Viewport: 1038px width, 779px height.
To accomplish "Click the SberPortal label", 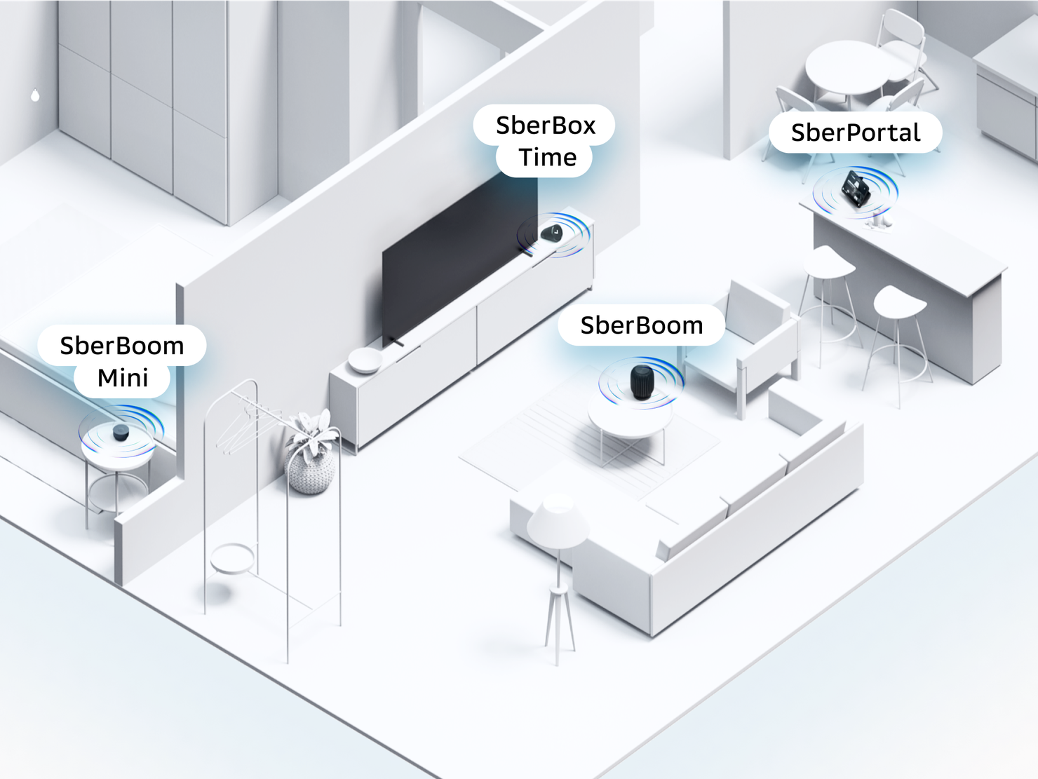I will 855,133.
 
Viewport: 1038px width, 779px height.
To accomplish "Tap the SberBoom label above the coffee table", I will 641,325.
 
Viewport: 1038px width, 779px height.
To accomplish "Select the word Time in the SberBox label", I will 547,158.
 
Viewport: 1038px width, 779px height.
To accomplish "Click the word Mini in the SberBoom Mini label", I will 123,378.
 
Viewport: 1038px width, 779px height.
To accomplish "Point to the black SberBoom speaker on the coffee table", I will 641,381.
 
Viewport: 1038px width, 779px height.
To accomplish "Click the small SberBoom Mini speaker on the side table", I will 121,433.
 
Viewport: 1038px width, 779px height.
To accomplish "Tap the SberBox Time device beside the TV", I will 552,232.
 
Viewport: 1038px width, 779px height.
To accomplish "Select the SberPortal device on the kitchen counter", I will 855,189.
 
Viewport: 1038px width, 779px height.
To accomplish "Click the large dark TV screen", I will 456,259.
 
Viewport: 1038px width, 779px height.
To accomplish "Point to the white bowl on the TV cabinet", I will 365,360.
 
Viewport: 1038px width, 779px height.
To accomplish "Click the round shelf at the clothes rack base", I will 232,559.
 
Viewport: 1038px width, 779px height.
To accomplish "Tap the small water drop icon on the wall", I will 35,95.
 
